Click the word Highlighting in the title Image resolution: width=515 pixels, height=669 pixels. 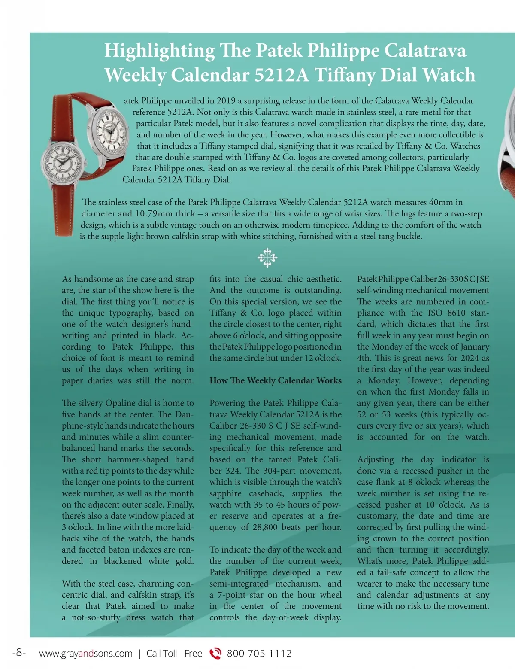pyautogui.click(x=159, y=51)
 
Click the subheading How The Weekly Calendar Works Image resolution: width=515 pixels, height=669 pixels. pyautogui.click(x=276, y=380)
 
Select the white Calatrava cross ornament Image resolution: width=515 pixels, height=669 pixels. pyautogui.click(x=267, y=258)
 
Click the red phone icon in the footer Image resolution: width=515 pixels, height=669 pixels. pyautogui.click(x=215, y=653)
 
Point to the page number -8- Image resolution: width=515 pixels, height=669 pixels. pyautogui.click(x=19, y=653)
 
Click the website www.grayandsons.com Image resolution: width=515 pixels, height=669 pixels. pyautogui.click(x=86, y=654)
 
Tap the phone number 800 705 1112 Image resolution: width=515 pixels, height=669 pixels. pyautogui.click(x=259, y=654)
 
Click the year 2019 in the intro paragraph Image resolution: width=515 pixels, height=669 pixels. pyautogui.click(x=226, y=101)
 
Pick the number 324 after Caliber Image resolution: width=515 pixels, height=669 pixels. pyautogui.click(x=233, y=471)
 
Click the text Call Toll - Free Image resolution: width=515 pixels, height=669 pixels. pyautogui.click(x=174, y=654)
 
